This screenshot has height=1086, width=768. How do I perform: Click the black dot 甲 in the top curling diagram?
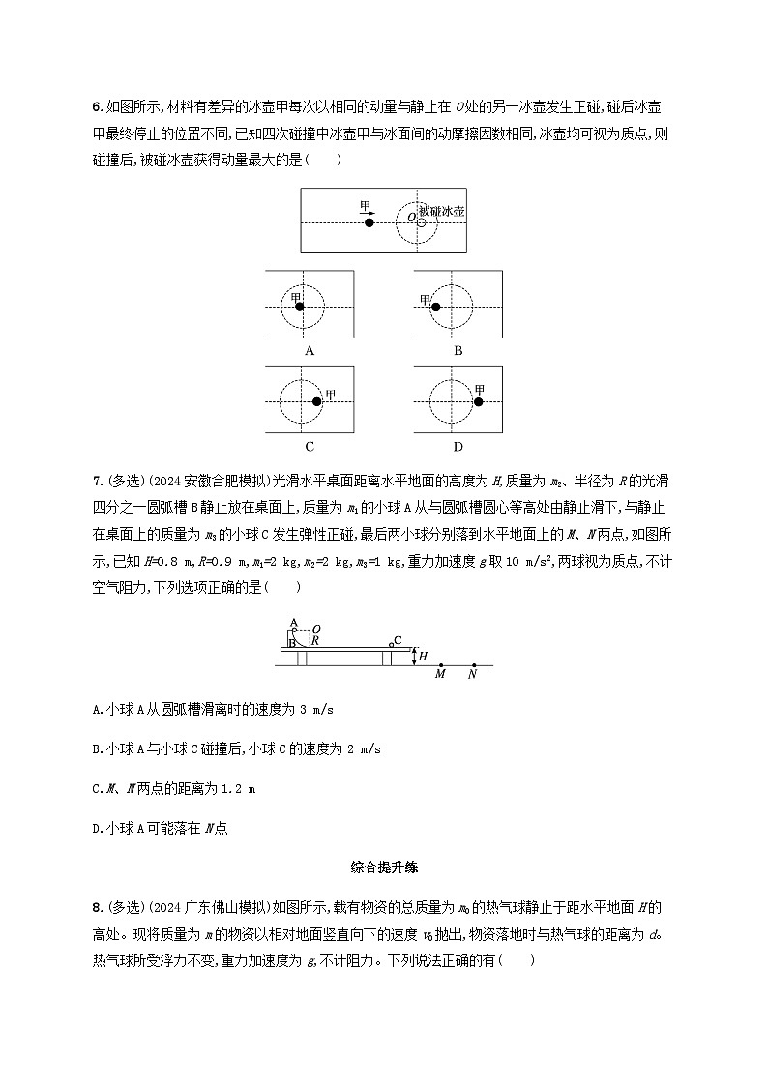pyautogui.click(x=369, y=222)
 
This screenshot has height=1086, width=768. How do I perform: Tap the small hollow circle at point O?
pyautogui.click(x=421, y=222)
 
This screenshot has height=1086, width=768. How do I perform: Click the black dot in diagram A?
pyautogui.click(x=301, y=307)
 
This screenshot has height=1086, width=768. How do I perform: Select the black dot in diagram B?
pyautogui.click(x=435, y=307)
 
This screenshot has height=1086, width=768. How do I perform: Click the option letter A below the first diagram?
pyautogui.click(x=310, y=351)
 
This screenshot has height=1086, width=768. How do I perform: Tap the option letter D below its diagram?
pyautogui.click(x=458, y=446)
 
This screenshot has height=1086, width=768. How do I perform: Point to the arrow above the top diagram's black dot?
pyautogui.click(x=369, y=208)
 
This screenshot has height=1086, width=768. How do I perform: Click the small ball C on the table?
pyautogui.click(x=390, y=643)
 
